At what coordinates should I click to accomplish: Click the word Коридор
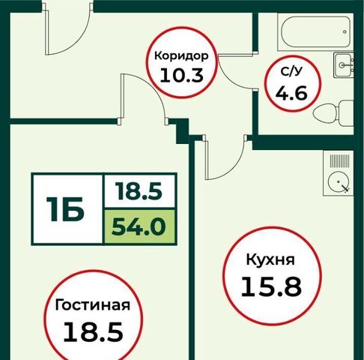click(x=181, y=56)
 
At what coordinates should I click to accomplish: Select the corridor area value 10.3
click(x=181, y=76)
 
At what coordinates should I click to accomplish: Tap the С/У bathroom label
click(x=291, y=72)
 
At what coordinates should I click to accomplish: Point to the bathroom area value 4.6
click(x=291, y=93)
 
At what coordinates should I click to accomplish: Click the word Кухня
click(x=270, y=259)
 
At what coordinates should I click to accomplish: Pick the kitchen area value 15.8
click(x=271, y=286)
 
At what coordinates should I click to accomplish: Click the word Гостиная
click(x=93, y=305)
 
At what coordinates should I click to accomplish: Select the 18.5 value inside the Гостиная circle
click(x=94, y=331)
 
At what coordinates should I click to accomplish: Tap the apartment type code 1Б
click(x=65, y=209)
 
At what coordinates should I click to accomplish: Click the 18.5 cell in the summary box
click(x=139, y=191)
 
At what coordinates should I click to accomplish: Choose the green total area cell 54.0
click(x=139, y=226)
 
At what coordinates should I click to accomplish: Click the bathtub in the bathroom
click(x=315, y=31)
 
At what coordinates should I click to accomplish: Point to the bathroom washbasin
click(x=344, y=65)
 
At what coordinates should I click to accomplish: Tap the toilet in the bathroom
click(x=333, y=114)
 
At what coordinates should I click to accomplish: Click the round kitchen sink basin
click(x=338, y=181)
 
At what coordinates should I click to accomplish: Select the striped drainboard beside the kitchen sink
click(x=339, y=160)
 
